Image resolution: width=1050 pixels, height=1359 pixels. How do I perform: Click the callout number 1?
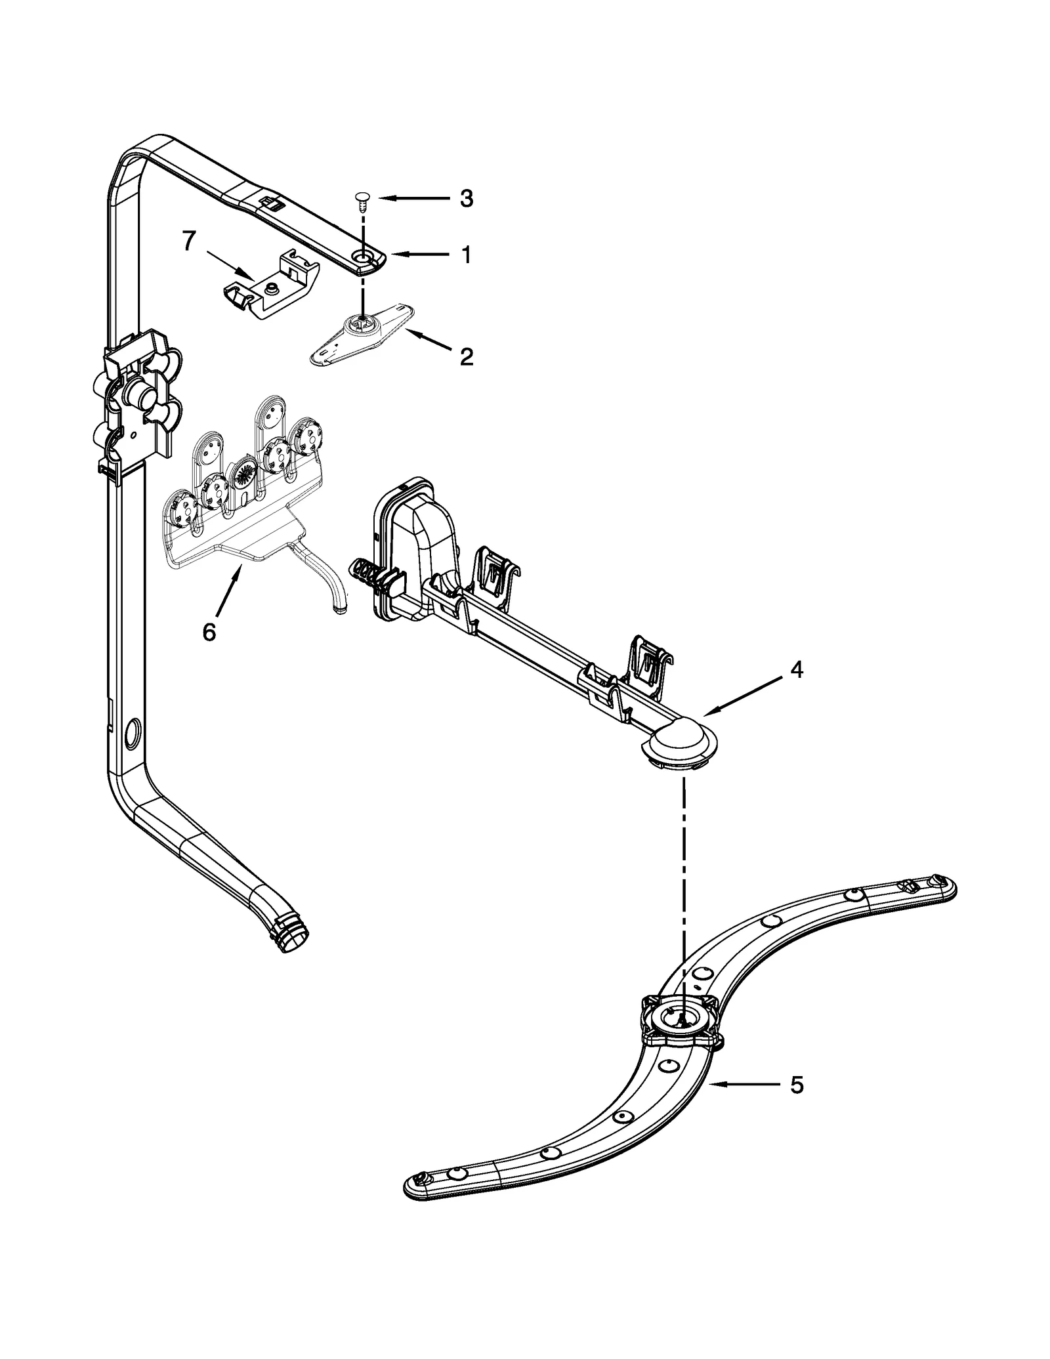coord(466,255)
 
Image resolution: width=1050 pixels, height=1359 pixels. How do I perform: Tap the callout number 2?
coord(466,357)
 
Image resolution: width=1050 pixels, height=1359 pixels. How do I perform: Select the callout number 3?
coord(466,198)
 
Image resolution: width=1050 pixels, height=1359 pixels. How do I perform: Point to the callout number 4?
coord(796,670)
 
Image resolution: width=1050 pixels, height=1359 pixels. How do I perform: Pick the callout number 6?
coord(209,633)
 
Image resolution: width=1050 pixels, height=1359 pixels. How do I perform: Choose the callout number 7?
coord(189,241)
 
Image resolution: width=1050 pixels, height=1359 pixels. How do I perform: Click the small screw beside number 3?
coord(362,199)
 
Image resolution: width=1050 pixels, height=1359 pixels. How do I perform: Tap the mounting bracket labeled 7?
coord(272,289)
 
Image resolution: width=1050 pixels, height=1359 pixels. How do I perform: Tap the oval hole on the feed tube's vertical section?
coord(131,730)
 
